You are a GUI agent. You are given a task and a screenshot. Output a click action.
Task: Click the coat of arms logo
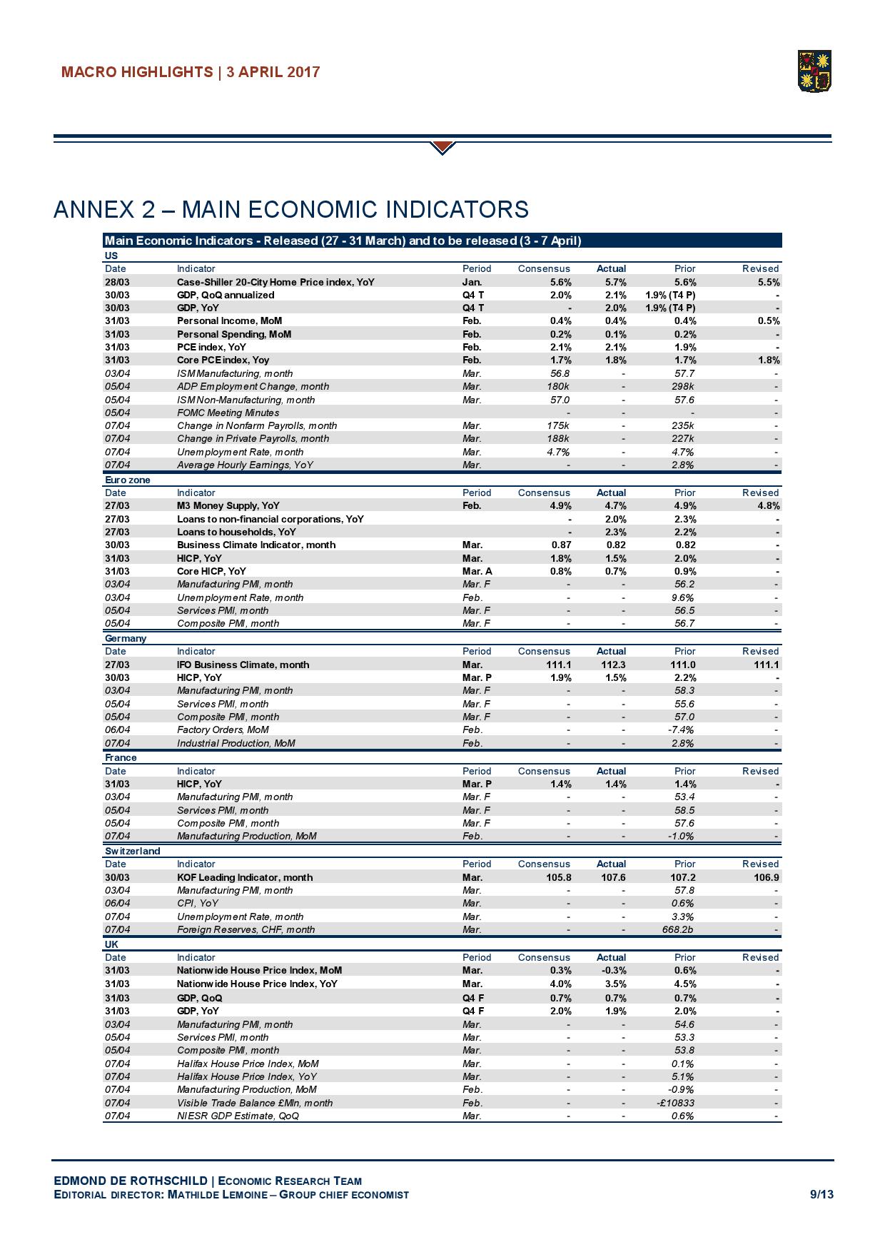[815, 71]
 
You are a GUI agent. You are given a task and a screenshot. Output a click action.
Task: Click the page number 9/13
[821, 1194]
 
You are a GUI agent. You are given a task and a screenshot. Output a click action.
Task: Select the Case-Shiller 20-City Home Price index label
[275, 282]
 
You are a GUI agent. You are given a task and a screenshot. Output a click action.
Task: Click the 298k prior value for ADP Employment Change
[684, 386]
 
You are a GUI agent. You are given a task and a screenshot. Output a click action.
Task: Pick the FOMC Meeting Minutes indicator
[228, 413]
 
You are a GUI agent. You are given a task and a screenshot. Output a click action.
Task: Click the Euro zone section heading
[128, 480]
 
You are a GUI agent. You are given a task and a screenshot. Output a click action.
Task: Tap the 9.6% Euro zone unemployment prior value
[684, 597]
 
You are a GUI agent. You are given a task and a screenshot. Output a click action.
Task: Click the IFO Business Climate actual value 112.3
[613, 665]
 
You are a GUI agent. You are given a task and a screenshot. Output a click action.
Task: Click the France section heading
[121, 757]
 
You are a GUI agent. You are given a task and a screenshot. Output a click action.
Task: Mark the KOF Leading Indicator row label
[245, 877]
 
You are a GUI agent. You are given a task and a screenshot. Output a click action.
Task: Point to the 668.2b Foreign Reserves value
[679, 929]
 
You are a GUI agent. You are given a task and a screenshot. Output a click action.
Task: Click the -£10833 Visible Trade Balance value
[675, 1103]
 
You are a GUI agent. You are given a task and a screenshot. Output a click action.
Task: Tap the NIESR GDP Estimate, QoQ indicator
[238, 1116]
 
